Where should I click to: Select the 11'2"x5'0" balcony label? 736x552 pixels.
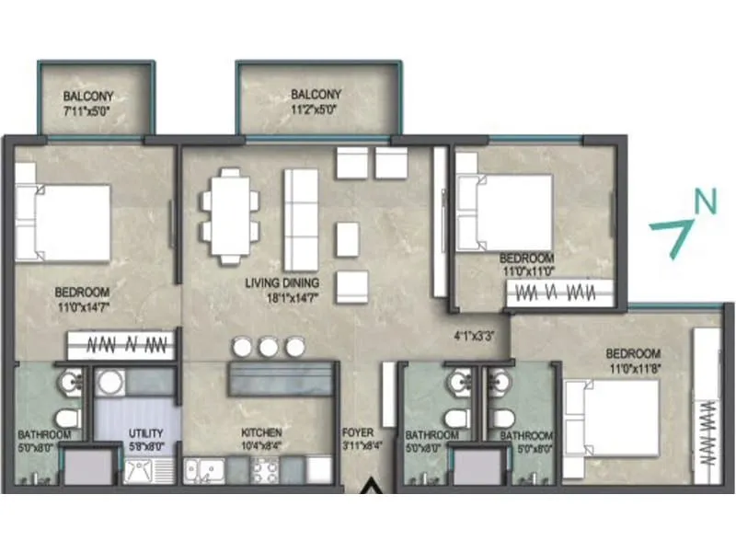point(316,101)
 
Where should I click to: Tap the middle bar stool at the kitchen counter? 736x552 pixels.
point(268,347)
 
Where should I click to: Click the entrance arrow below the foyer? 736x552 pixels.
point(374,487)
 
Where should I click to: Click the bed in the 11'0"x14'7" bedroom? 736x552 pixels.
point(63,222)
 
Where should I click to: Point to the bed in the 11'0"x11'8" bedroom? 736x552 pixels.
point(612,418)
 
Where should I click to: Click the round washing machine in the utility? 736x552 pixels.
point(111,382)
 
